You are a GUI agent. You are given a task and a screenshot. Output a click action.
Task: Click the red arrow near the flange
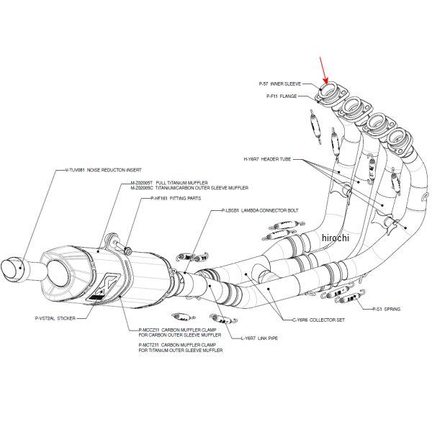tap(325, 72)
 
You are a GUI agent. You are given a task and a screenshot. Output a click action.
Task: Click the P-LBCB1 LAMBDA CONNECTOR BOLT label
tap(259, 210)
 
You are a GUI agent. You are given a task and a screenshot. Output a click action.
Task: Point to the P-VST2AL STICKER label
tap(55, 318)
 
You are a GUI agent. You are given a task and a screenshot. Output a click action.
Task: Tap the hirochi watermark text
tap(335, 238)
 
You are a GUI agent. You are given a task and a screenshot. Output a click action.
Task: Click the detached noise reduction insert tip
tap(17, 272)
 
